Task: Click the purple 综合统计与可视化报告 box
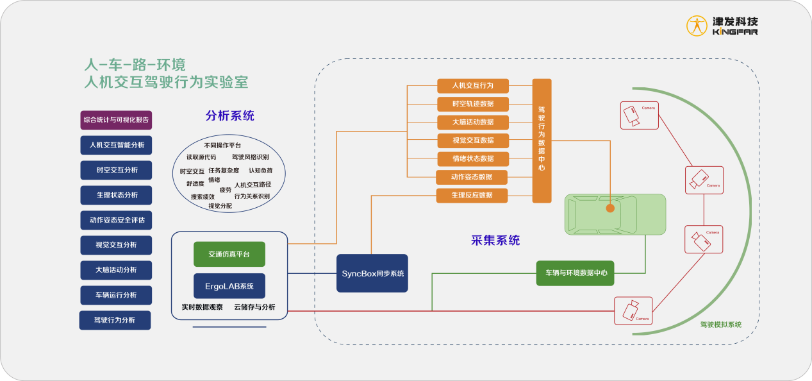pyautogui.click(x=116, y=120)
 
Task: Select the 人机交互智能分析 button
pyautogui.click(x=117, y=145)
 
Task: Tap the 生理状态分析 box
pyautogui.click(x=117, y=195)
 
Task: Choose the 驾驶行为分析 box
pyautogui.click(x=115, y=320)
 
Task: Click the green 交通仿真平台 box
pyautogui.click(x=229, y=254)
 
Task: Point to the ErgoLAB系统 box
pyautogui.click(x=229, y=286)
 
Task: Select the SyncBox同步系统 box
pyautogui.click(x=372, y=273)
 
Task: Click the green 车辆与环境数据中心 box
pyautogui.click(x=576, y=273)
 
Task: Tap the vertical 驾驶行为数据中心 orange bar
pyautogui.click(x=542, y=140)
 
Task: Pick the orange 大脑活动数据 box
pyautogui.click(x=473, y=122)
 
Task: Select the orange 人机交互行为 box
pyautogui.click(x=473, y=85)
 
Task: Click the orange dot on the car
pyautogui.click(x=610, y=208)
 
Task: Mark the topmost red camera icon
pyautogui.click(x=639, y=115)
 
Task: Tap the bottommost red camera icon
pyautogui.click(x=633, y=310)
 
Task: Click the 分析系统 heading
pyautogui.click(x=229, y=116)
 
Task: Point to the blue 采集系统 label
pyautogui.click(x=495, y=241)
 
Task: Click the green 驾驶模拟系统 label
pyautogui.click(x=720, y=325)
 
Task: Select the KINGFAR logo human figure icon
pyautogui.click(x=697, y=26)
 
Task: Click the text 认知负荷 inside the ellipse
pyautogui.click(x=260, y=171)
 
